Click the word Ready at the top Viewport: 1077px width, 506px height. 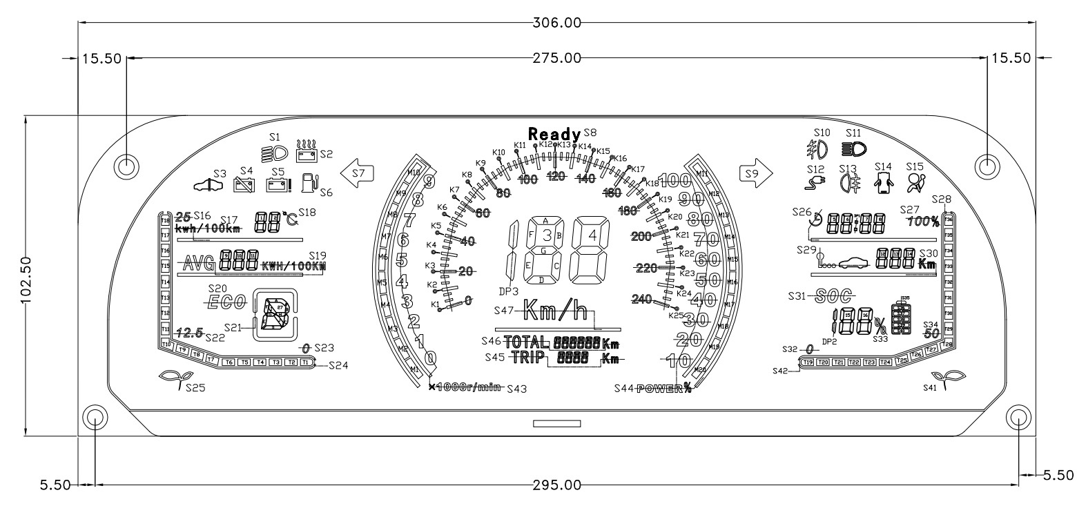coord(555,134)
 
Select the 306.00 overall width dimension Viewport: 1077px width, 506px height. coord(557,22)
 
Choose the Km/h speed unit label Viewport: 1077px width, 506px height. coord(556,311)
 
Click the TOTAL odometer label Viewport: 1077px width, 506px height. coord(527,342)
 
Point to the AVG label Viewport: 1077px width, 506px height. coord(197,263)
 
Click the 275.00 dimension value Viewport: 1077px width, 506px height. coord(557,59)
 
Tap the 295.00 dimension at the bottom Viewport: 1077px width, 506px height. coord(557,484)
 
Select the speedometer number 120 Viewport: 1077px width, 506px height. coord(555,177)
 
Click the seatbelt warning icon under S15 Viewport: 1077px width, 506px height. coord(916,183)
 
